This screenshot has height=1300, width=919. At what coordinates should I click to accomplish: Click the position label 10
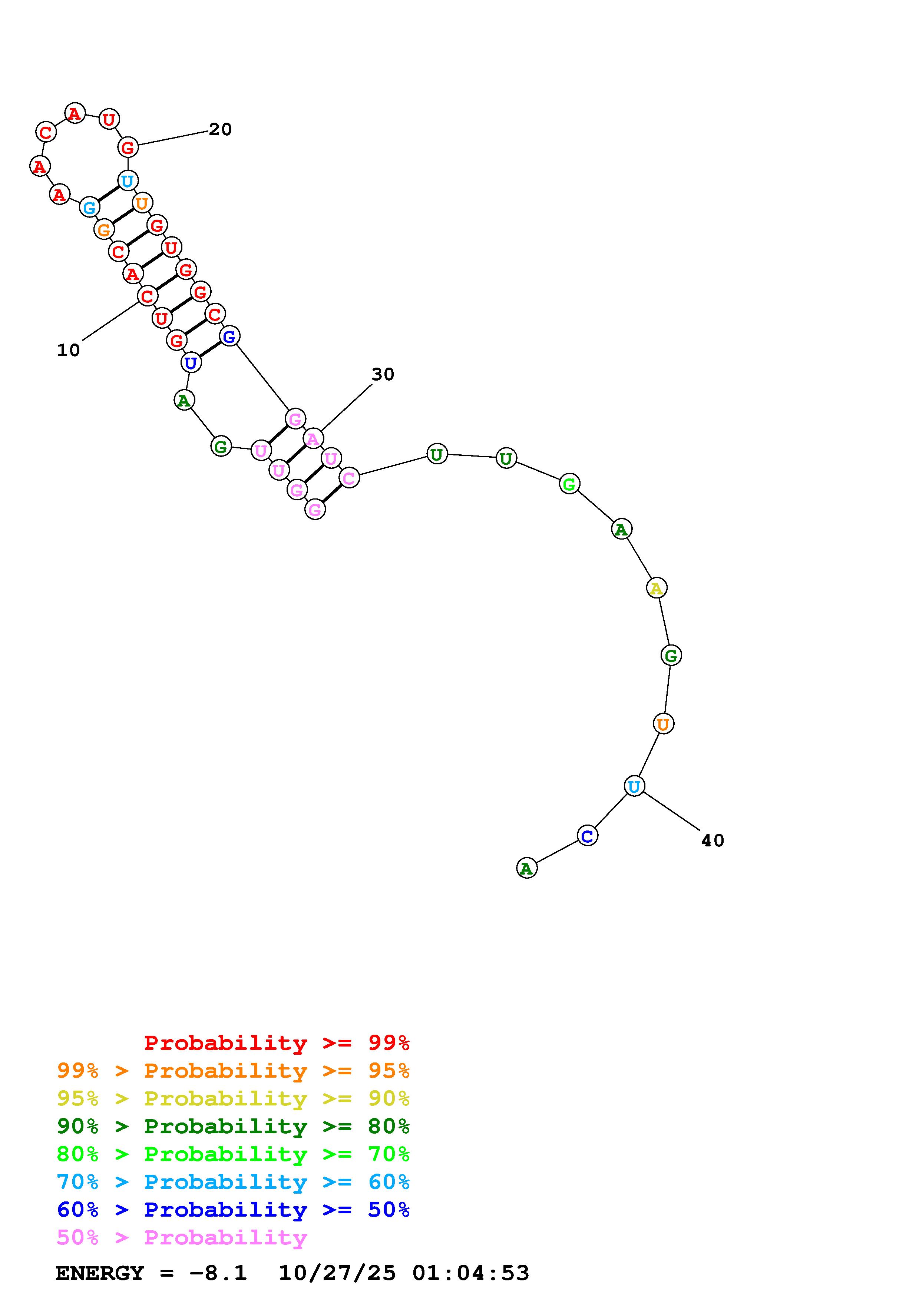69,351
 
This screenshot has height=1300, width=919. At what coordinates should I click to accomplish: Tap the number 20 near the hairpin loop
220,130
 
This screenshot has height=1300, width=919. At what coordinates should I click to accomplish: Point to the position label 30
383,374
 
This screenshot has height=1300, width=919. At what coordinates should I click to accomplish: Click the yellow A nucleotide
656,588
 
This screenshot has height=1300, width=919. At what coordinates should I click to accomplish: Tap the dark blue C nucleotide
587,836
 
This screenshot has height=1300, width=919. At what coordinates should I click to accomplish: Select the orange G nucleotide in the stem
104,230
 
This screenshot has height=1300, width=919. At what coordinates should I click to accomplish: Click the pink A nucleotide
313,438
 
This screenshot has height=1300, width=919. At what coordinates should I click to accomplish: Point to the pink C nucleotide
349,478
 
